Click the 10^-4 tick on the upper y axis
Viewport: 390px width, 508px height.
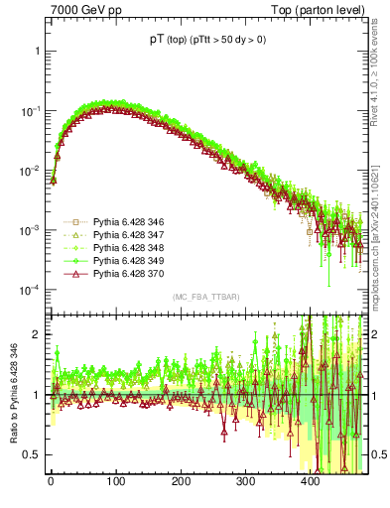tap(28, 290)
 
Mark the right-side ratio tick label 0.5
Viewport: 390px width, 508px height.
tap(377, 454)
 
